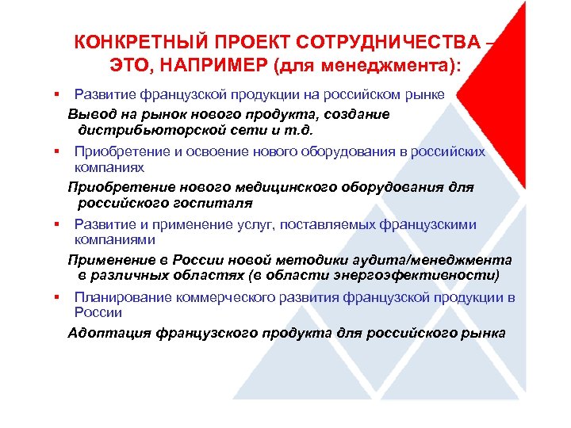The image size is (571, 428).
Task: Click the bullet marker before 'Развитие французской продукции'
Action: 58,95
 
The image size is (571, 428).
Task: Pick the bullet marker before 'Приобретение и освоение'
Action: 58,151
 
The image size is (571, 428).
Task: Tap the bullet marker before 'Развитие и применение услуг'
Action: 58,224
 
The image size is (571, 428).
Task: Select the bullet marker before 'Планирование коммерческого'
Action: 58,297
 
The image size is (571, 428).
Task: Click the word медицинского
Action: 293,187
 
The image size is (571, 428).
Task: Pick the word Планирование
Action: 121,297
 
